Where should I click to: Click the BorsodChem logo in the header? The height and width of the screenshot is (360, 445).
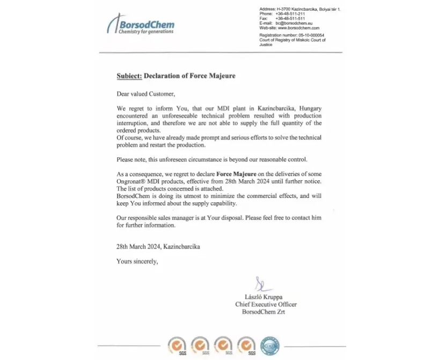pos(141,24)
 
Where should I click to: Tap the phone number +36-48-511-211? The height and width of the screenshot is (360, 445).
pos(290,14)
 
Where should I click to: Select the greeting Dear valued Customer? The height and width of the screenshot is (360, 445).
pos(145,94)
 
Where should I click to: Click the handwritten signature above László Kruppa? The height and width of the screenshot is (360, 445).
pos(260,283)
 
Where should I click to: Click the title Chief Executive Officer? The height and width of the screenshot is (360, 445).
pos(266,304)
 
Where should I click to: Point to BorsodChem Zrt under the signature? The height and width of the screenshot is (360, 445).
pos(264,312)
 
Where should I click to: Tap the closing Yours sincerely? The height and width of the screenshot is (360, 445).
pos(137,262)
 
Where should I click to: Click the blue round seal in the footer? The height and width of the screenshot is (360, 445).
pos(269,346)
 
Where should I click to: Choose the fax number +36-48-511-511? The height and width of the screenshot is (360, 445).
pos(290,18)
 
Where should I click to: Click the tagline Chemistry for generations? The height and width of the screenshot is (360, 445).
pos(146,32)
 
